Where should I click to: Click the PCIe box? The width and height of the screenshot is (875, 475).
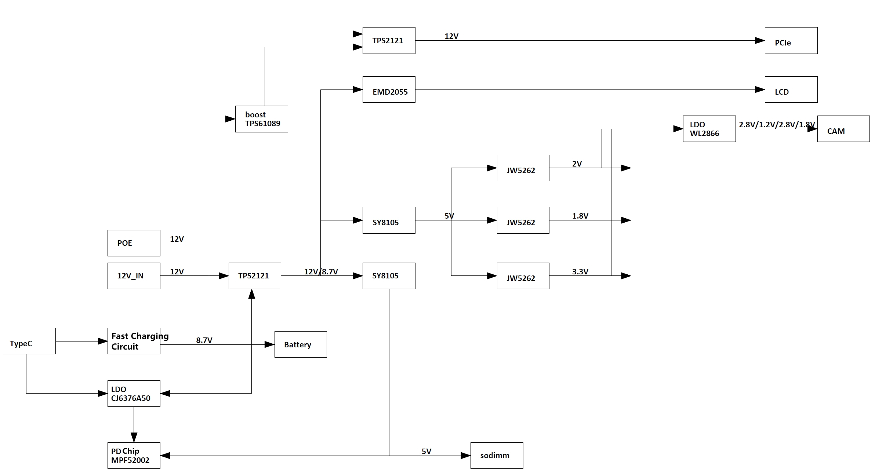tap(791, 41)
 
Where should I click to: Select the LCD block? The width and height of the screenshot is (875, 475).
tap(791, 89)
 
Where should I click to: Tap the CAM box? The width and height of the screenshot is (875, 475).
tap(843, 129)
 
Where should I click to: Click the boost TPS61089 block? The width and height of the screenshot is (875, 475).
tap(261, 119)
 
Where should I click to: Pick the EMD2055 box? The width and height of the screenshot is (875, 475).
tap(389, 89)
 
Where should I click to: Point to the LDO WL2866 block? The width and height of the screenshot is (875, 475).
tap(709, 129)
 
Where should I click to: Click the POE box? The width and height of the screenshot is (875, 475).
tap(134, 243)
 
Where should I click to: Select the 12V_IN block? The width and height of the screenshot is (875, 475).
tap(134, 276)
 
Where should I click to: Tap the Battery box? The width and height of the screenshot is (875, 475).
tap(300, 344)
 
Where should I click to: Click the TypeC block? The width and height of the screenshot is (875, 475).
tap(29, 341)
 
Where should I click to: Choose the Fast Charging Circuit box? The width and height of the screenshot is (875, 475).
tap(134, 341)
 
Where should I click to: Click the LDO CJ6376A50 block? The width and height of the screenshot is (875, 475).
tap(134, 394)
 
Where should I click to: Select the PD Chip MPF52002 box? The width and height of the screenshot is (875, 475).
tap(134, 456)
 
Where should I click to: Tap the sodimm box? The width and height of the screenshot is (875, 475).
tap(497, 456)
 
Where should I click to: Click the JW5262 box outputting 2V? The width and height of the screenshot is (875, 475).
tap(523, 168)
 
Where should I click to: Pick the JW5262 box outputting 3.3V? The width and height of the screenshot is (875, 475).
tap(523, 276)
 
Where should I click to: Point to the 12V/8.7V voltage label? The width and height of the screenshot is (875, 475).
tap(321, 271)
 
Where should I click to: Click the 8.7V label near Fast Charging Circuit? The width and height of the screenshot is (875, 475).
tap(204, 340)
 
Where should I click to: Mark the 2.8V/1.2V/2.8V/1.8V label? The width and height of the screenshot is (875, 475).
tap(777, 124)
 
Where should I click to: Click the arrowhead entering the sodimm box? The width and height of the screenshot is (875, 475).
tap(465, 456)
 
